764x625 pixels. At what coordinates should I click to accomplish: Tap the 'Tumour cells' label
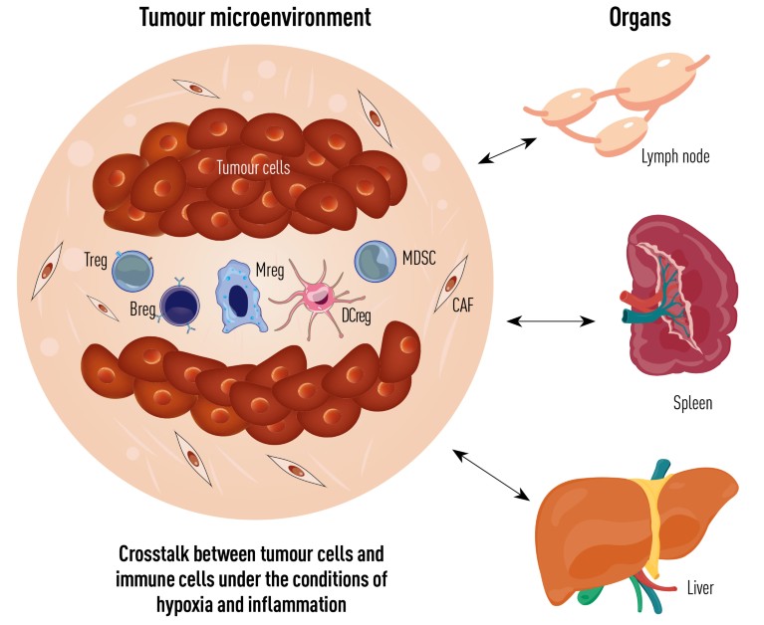click(253, 168)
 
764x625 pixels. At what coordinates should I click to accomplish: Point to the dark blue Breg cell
click(180, 302)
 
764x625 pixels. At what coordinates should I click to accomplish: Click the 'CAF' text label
click(463, 306)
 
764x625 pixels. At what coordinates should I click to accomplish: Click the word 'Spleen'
click(692, 404)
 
